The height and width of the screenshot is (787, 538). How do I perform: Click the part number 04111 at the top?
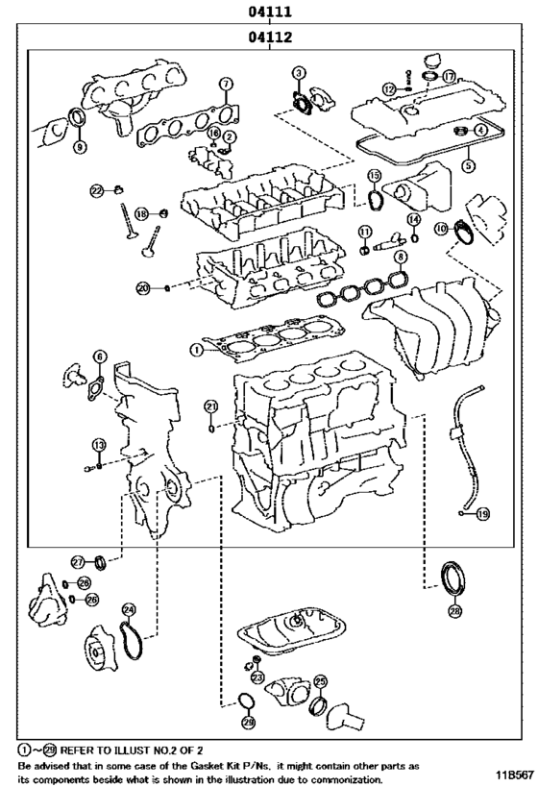pyautogui.click(x=269, y=12)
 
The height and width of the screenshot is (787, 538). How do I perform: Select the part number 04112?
pyautogui.click(x=269, y=37)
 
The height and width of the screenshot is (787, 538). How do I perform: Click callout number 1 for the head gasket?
pyautogui.click(x=195, y=351)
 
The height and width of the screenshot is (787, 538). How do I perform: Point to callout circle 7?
pyautogui.click(x=225, y=84)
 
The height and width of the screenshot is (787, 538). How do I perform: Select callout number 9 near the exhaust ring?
pyautogui.click(x=80, y=146)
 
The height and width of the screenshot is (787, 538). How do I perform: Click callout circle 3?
pyautogui.click(x=300, y=73)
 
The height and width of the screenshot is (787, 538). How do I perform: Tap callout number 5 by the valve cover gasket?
pyautogui.click(x=468, y=164)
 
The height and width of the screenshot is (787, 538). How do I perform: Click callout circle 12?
pyautogui.click(x=388, y=88)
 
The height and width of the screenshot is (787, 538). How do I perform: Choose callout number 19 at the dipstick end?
pyautogui.click(x=482, y=514)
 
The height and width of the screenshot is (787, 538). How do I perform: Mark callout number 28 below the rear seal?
pyautogui.click(x=454, y=609)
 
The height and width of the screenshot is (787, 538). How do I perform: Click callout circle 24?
pyautogui.click(x=129, y=609)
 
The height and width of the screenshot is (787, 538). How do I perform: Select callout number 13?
pyautogui.click(x=98, y=444)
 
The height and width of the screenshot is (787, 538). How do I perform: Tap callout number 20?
pyautogui.click(x=143, y=287)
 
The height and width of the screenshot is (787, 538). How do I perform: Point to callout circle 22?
pyautogui.click(x=97, y=190)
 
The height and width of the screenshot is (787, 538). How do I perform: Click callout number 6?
pyautogui.click(x=98, y=357)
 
